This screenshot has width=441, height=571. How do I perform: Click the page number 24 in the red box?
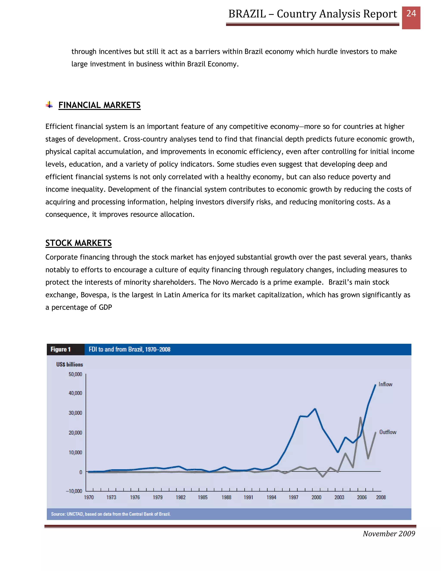pos(411,14)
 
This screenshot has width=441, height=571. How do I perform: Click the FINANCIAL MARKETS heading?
pos(99,105)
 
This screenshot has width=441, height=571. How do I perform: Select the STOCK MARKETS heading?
pos(78,243)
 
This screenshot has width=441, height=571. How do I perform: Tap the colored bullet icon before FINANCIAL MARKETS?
pos(49,105)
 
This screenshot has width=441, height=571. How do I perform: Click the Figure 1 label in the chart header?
pos(61,349)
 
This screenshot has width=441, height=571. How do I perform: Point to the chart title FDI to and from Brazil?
pos(129,349)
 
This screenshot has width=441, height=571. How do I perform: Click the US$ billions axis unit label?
pos(70,364)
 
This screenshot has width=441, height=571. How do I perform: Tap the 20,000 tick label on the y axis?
pos(75,433)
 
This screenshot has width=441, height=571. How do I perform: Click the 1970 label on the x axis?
pos(89,497)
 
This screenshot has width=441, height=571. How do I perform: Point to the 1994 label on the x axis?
pos(271,497)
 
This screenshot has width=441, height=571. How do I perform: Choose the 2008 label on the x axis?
pos(381,497)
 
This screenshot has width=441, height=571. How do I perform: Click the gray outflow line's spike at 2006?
pos(360,418)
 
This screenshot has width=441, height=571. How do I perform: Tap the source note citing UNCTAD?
pos(111,514)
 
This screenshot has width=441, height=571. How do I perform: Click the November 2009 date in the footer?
pos(389,534)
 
